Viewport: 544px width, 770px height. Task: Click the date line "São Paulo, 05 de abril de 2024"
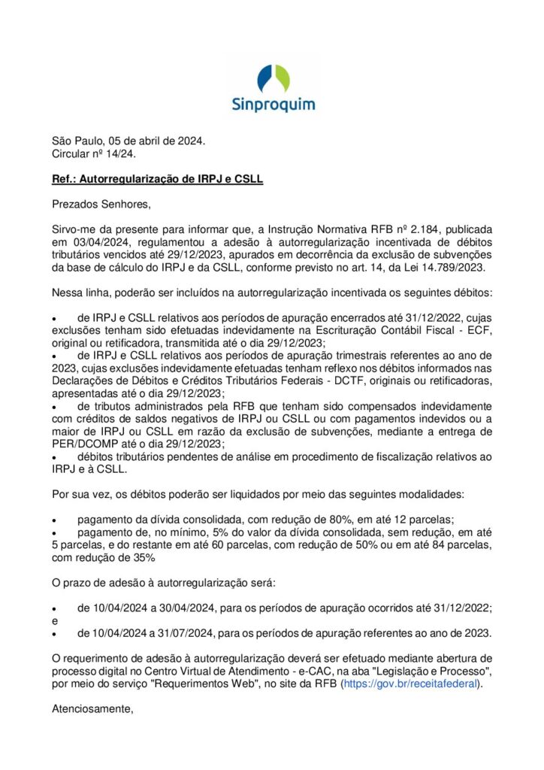coord(128,141)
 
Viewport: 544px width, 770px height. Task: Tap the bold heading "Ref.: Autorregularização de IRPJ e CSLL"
coord(156,180)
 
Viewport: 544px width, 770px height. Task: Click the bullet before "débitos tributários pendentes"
coord(54,457)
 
